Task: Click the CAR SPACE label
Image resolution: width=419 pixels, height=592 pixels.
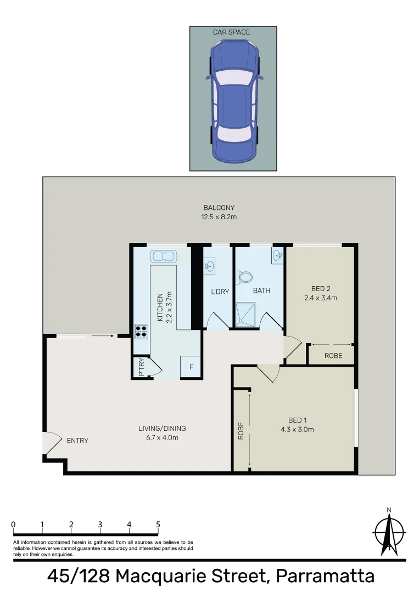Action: pyautogui.click(x=231, y=32)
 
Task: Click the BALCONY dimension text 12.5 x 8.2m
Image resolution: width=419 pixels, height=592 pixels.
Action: pyautogui.click(x=219, y=217)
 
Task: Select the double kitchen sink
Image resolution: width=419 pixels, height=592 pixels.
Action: pyautogui.click(x=163, y=256)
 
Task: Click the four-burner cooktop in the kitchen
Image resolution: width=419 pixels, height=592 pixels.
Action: pyautogui.click(x=141, y=330)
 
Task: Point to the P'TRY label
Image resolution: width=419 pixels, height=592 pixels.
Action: pyautogui.click(x=141, y=368)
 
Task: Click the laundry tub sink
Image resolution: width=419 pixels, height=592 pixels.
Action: pyautogui.click(x=209, y=266)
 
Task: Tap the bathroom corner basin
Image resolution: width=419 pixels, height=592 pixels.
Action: pyautogui.click(x=277, y=254)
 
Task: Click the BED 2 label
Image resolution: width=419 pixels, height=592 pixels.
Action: pyautogui.click(x=320, y=289)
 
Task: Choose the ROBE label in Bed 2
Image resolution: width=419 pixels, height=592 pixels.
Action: pyautogui.click(x=333, y=356)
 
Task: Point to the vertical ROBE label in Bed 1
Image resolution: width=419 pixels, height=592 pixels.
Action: pyautogui.click(x=241, y=431)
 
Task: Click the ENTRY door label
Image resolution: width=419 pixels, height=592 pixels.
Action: pyautogui.click(x=77, y=441)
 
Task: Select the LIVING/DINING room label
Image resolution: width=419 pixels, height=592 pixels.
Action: pyautogui.click(x=159, y=429)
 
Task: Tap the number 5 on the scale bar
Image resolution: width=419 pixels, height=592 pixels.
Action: pyautogui.click(x=158, y=525)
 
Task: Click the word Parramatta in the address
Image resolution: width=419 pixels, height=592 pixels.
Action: pyautogui.click(x=325, y=576)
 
